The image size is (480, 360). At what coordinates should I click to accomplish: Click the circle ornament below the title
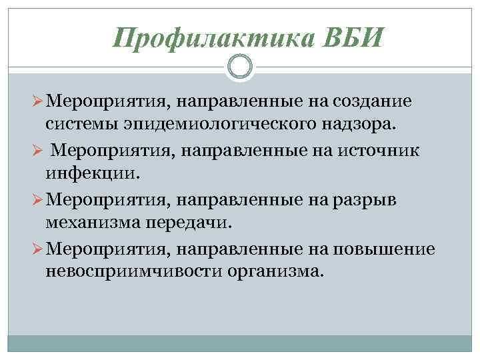[x=240, y=66]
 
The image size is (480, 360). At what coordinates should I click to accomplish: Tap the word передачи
[x=191, y=221]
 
